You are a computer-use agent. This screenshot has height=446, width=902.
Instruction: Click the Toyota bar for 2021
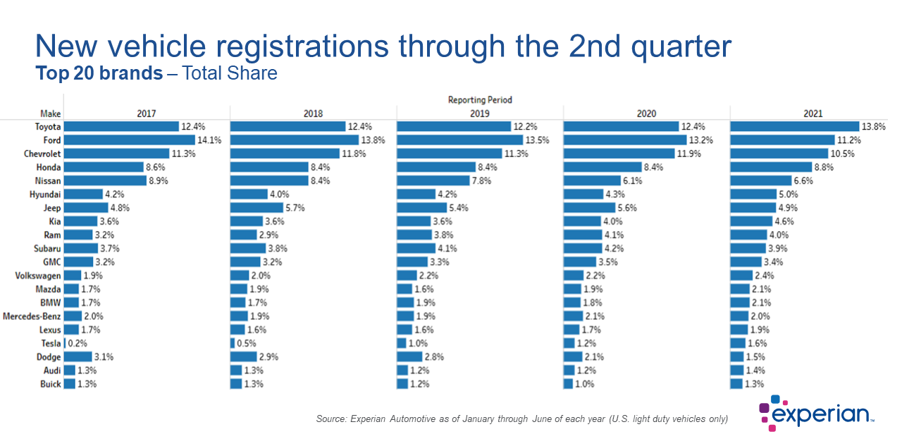coord(794,127)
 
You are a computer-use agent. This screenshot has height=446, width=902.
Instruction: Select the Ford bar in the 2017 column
coord(129,140)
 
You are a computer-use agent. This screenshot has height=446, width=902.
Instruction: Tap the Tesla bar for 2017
coord(65,343)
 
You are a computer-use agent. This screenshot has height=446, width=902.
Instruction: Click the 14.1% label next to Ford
coord(210,140)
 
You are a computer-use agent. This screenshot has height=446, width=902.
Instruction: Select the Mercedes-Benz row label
coord(32,316)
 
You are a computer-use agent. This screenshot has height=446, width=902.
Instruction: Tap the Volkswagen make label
coord(37,275)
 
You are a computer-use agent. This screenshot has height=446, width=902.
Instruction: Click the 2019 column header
coord(480,113)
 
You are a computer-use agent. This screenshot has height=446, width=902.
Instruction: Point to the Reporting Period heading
coord(480,100)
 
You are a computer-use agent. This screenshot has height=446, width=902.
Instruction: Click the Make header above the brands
coord(51,113)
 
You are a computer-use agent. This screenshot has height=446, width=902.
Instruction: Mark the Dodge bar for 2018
coord(244,357)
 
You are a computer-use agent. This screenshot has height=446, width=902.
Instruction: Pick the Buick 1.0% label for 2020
coord(584,384)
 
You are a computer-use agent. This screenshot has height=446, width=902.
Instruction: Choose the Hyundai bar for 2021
coord(751,194)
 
